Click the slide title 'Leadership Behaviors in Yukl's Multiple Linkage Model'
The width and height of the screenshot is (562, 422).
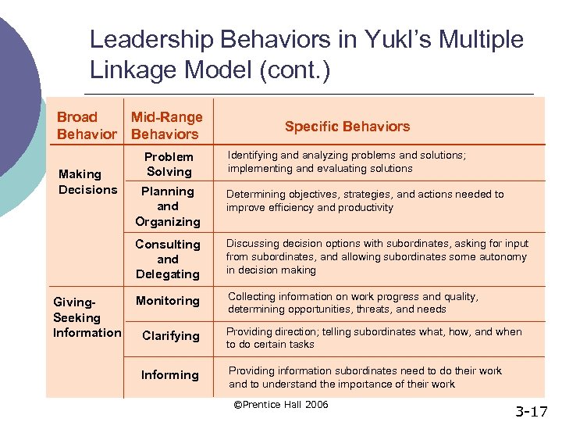(306, 54)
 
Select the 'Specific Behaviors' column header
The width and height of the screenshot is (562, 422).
(347, 127)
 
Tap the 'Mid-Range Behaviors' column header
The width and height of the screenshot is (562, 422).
(166, 126)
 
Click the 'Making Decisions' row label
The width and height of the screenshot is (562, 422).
(87, 182)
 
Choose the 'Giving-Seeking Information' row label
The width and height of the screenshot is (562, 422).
(87, 317)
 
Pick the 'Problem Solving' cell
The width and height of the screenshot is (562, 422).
(169, 164)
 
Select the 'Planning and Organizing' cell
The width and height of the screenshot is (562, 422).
(168, 206)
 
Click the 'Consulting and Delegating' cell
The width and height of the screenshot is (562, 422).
(168, 259)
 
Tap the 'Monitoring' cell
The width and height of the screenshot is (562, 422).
(168, 301)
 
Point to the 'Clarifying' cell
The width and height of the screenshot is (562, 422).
(170, 336)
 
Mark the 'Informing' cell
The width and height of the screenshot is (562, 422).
(169, 375)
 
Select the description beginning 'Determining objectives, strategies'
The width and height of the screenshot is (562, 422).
(365, 201)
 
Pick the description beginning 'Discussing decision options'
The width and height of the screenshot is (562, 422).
(377, 257)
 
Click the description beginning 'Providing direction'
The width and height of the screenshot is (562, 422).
(374, 338)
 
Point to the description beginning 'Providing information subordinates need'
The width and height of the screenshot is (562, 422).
(365, 377)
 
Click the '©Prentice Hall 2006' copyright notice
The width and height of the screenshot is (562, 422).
(281, 405)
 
